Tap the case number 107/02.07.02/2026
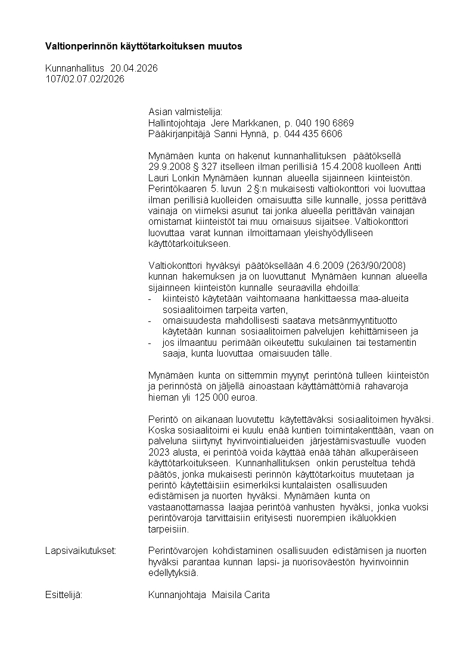pos(85,79)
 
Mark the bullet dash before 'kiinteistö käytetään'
pos(150,298)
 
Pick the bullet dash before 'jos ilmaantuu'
pos(150,342)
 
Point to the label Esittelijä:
pos(64,595)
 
